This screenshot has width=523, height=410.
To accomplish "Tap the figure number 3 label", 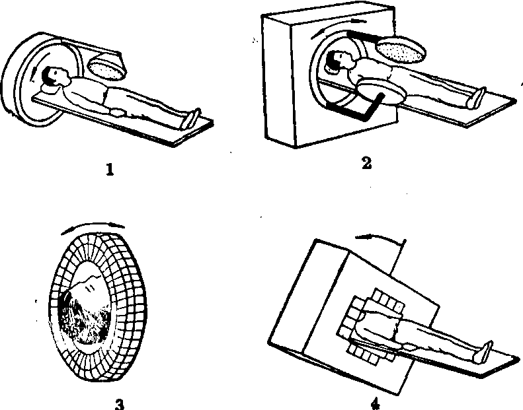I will point(119,401).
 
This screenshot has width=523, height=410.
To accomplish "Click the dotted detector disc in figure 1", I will point(106,65).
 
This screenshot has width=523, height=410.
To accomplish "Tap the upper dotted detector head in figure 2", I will point(402,50).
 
